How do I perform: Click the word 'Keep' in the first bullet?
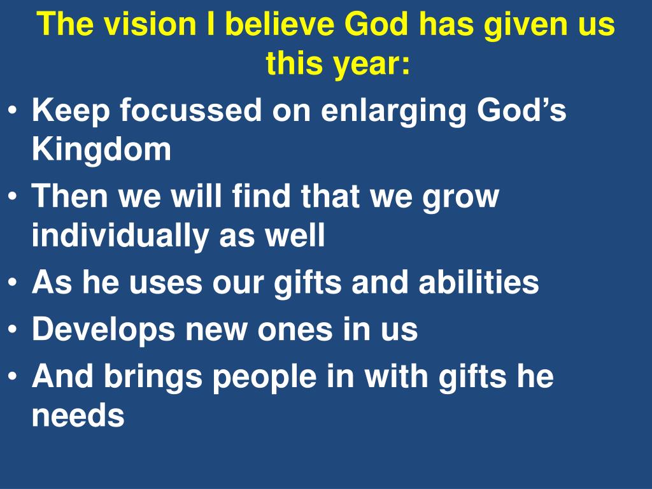coord(70,111)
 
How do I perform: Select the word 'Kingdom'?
coord(101,150)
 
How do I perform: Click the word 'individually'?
coord(120,236)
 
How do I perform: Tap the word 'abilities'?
coord(479,282)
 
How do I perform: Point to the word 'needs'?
coord(78,416)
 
